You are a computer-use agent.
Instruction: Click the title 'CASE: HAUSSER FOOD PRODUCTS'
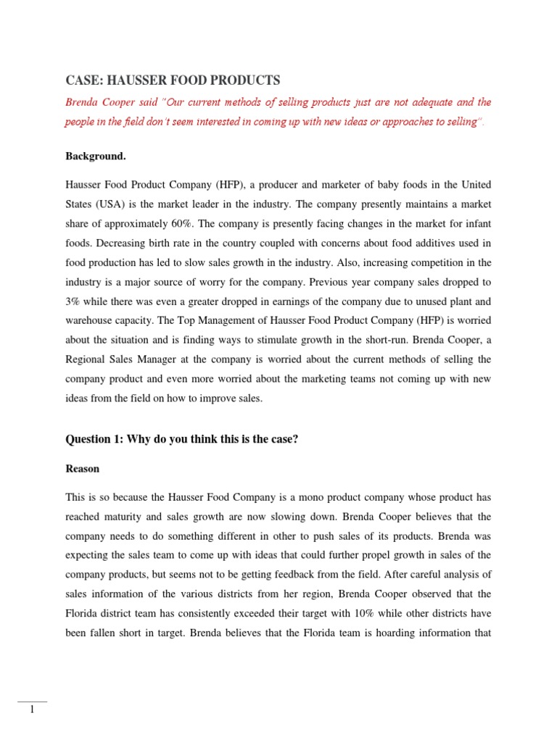coord(173,80)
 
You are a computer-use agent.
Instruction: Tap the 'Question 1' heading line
coord(182,439)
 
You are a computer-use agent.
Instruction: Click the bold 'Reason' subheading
coord(83,469)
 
